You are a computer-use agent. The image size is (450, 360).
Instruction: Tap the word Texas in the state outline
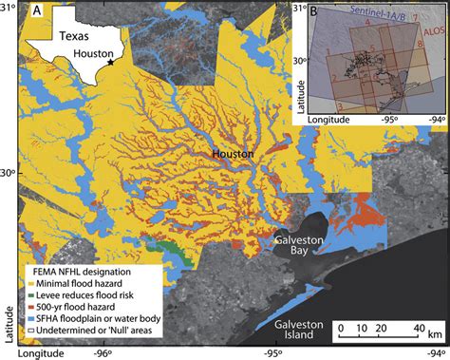[73, 38]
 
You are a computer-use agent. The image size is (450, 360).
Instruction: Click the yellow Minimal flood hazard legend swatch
[29, 282]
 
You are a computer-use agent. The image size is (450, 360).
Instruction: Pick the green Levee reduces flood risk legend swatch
[29, 294]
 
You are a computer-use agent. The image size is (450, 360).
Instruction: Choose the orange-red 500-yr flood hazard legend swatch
[29, 305]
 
